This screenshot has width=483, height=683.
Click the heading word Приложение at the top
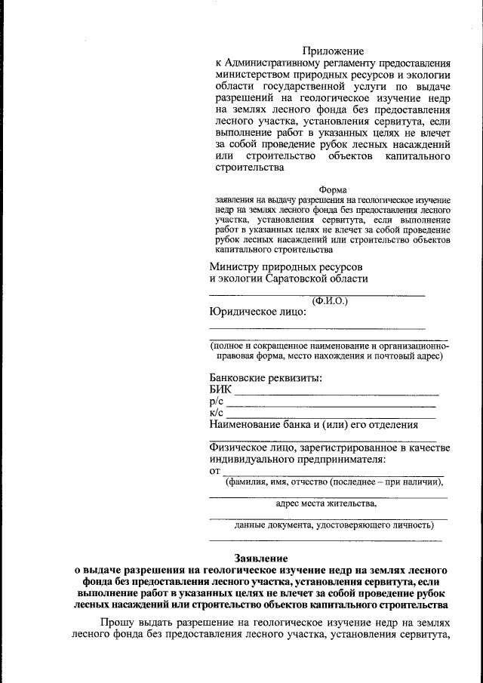point(333,50)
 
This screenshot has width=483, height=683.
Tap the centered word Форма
point(333,189)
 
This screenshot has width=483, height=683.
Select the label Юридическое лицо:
point(258,312)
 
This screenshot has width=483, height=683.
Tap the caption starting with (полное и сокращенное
point(330,346)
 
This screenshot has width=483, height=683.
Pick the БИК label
point(220,389)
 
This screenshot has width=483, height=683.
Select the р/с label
point(216,401)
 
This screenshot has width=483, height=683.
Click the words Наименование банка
point(257,425)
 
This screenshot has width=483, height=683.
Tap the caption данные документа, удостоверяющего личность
point(334,525)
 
